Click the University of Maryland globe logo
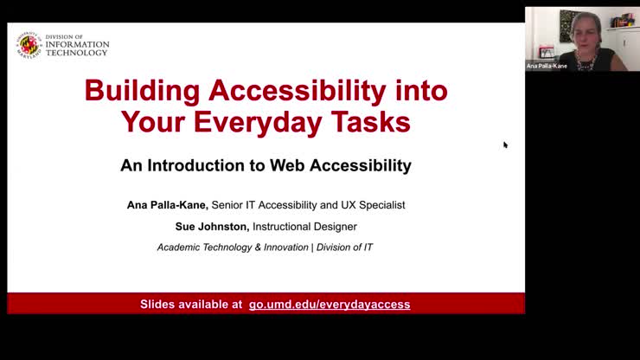(x=29, y=45)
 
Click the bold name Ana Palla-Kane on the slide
(x=166, y=205)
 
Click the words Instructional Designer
(x=304, y=227)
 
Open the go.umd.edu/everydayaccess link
(x=330, y=305)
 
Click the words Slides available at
(x=191, y=305)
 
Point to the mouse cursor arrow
(x=505, y=145)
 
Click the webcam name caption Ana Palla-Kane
(x=547, y=66)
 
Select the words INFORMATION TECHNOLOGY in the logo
(x=78, y=48)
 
